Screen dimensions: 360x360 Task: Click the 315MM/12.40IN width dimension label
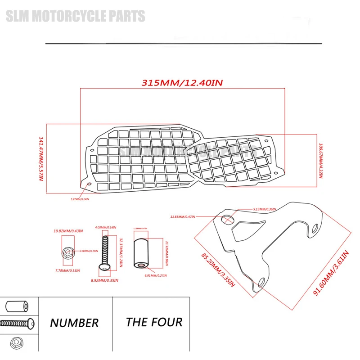183,83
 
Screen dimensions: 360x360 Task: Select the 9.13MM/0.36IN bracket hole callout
265,209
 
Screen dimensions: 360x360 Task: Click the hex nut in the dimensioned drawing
66,253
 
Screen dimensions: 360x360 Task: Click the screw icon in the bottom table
17,323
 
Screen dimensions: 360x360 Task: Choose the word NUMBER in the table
74,323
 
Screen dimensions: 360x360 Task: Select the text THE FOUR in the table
154,322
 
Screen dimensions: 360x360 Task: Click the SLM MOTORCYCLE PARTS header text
75,17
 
